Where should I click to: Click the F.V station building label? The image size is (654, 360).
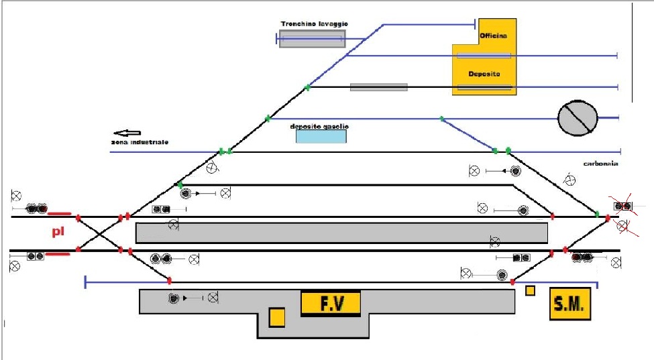(331, 304)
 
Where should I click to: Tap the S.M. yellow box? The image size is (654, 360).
(569, 304)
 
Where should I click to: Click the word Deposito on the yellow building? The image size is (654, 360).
(484, 74)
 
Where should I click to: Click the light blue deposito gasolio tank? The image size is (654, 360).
(321, 136)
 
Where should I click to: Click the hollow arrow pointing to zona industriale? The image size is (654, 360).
(127, 133)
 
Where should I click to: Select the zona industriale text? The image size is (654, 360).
(140, 143)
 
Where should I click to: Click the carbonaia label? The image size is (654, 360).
(600, 163)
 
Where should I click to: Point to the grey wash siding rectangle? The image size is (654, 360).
(312, 39)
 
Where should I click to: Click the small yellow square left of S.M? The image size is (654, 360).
(530, 291)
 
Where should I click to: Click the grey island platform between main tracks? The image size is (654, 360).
(341, 233)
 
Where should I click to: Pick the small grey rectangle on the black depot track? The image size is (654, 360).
(378, 87)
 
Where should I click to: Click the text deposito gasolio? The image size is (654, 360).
(319, 126)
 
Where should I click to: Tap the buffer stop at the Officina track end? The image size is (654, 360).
(476, 25)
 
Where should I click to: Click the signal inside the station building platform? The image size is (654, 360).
(174, 297)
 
